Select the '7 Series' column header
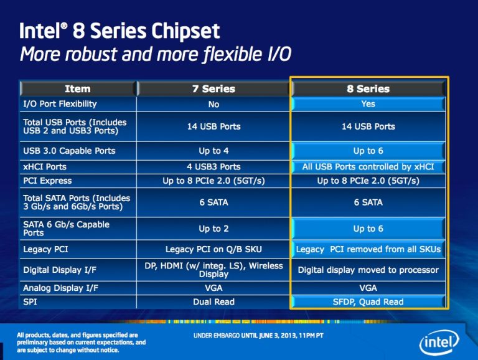pyautogui.click(x=213, y=89)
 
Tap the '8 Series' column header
pyautogui.click(x=368, y=89)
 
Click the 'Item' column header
pyautogui.click(x=77, y=89)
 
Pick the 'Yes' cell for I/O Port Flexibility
pyautogui.click(x=368, y=103)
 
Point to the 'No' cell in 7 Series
pyautogui.click(x=213, y=104)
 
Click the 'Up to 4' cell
pyautogui.click(x=213, y=151)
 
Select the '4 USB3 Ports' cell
pyautogui.click(x=213, y=167)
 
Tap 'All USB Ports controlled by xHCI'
pyautogui.click(x=368, y=167)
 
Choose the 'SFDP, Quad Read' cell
pyautogui.click(x=368, y=302)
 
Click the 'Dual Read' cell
pyautogui.click(x=213, y=302)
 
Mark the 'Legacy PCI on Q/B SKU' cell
pyautogui.click(x=213, y=249)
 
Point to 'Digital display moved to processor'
pyautogui.click(x=368, y=270)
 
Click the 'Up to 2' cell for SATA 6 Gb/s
pyautogui.click(x=213, y=229)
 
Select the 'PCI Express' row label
pyautogui.click(x=47, y=181)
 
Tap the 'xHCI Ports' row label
pyautogui.click(x=44, y=167)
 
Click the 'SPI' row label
pyautogui.click(x=30, y=302)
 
